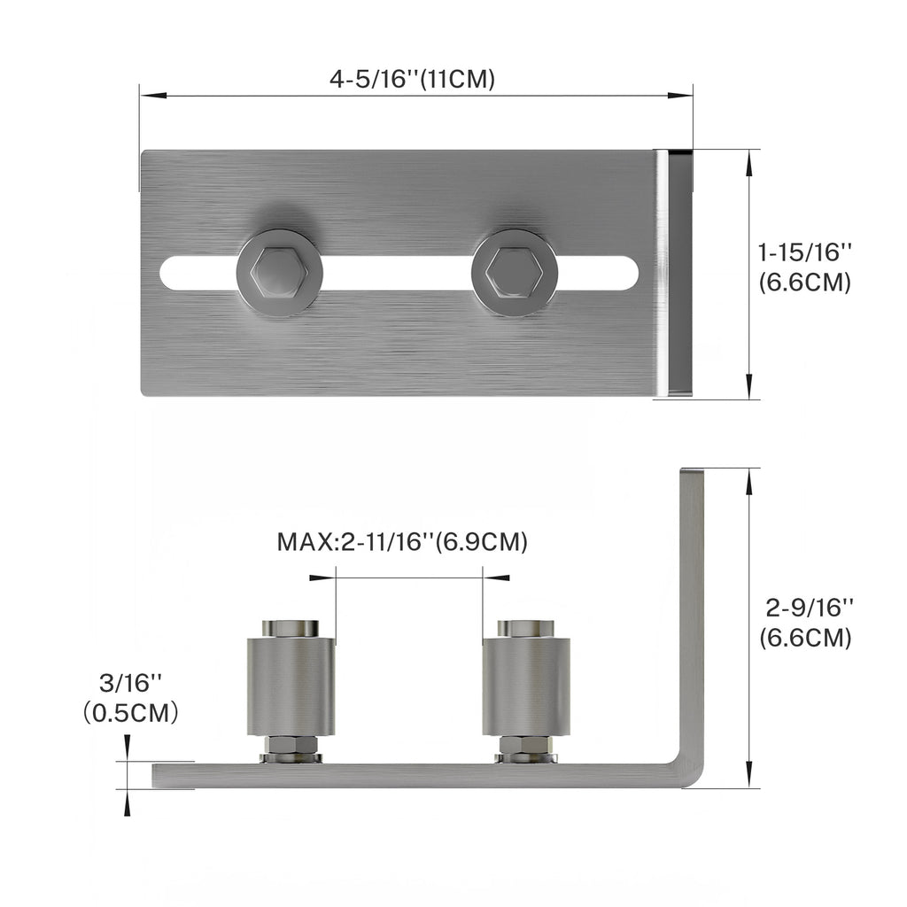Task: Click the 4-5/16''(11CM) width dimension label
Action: coord(412,79)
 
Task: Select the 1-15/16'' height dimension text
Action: coord(804,252)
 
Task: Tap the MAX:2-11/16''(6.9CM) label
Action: coord(402,541)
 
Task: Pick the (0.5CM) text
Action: coord(129,712)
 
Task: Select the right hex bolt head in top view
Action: coord(515,273)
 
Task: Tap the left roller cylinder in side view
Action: coord(291,686)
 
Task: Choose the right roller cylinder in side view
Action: coord(526,686)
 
